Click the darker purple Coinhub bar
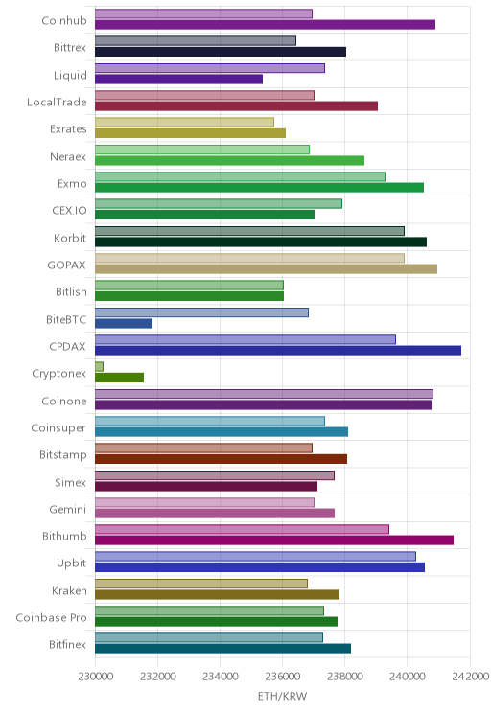click(x=265, y=25)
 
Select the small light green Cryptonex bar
click(x=99, y=366)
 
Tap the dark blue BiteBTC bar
click(x=124, y=323)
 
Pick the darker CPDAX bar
click(x=278, y=350)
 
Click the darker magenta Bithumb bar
click(x=274, y=540)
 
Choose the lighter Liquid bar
click(x=210, y=68)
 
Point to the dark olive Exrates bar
click(x=190, y=133)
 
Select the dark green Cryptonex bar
click(x=119, y=378)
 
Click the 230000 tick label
click(x=96, y=677)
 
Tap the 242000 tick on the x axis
click(x=471, y=677)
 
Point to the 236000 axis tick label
click(x=283, y=677)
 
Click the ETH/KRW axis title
click(x=283, y=696)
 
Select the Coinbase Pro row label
click(x=51, y=617)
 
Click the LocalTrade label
click(x=57, y=102)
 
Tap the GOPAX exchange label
click(x=66, y=265)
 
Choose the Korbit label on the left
click(x=70, y=238)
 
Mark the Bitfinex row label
click(x=67, y=644)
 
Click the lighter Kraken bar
click(x=201, y=584)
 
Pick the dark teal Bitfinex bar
click(x=223, y=649)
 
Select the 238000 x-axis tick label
click(x=345, y=677)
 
